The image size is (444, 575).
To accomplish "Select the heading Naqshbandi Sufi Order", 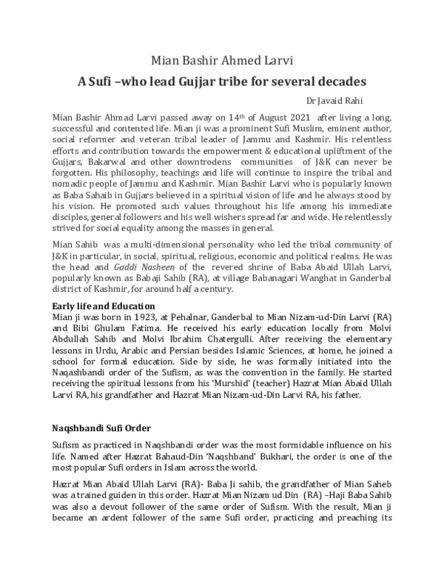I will coord(101,428).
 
